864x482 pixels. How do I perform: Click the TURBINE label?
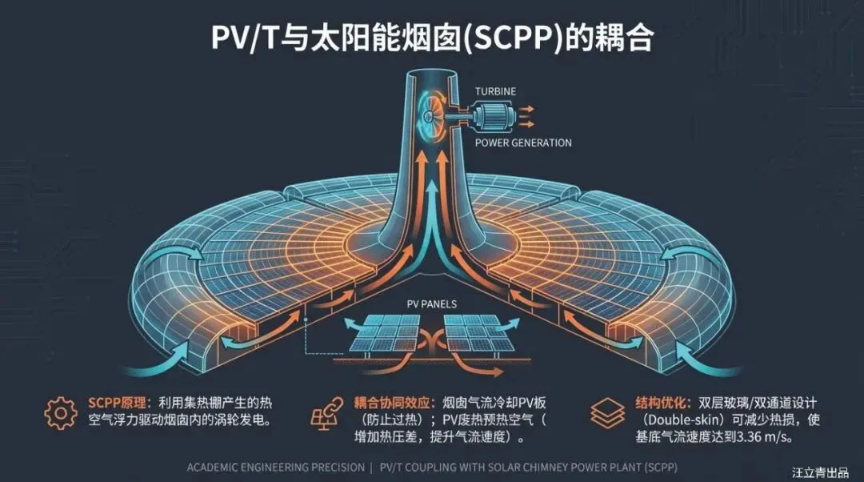point(496,92)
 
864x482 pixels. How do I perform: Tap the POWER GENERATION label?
point(523,143)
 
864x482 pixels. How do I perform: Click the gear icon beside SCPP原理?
point(61,413)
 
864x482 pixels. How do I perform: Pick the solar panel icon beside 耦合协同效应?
point(325,416)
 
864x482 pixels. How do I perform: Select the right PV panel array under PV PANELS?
point(481,336)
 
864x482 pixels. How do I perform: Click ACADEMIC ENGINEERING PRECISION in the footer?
point(275,467)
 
